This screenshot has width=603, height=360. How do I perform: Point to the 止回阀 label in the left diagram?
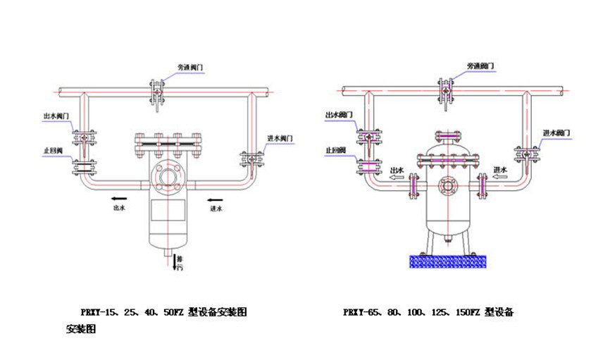click(53, 150)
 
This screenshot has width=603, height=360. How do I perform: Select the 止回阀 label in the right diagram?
click(335, 150)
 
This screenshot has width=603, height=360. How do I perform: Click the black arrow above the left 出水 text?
click(118, 199)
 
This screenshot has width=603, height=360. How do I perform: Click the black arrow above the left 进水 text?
click(216, 199)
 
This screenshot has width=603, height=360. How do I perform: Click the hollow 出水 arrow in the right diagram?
click(397, 179)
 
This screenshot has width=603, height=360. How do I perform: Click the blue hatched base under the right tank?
click(447, 261)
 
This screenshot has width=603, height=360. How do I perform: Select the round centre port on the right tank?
click(447, 187)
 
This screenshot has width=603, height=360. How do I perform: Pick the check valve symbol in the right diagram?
click(366, 167)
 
